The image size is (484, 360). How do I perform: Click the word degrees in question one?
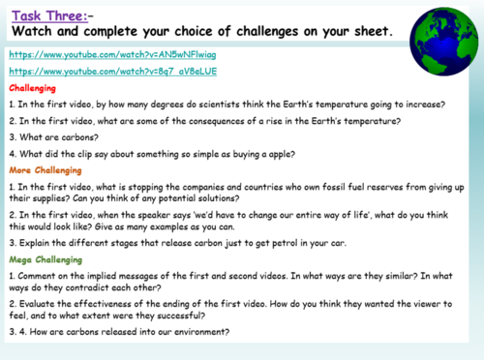(176, 103)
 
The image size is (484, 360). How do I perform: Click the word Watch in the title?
(34, 31)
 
